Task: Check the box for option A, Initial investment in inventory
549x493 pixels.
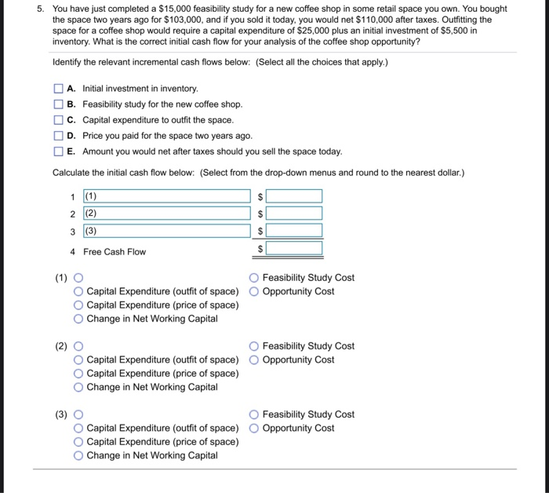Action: coord(59,89)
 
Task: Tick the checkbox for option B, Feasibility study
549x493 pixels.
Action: coord(59,104)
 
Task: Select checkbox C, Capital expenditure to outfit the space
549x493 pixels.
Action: coord(59,120)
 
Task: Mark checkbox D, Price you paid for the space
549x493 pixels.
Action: coord(59,136)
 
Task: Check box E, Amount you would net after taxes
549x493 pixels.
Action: coord(59,152)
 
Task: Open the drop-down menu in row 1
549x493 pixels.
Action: coord(165,196)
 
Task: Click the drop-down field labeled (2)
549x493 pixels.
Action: coord(165,214)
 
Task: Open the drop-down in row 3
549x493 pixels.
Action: coord(165,231)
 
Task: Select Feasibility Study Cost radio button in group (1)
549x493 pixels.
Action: coord(254,278)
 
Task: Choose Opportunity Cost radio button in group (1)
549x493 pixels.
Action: coord(254,292)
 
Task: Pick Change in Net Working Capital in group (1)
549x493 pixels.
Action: coord(78,319)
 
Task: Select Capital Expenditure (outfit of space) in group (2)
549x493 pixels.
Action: coord(78,360)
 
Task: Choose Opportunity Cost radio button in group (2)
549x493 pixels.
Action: coord(254,360)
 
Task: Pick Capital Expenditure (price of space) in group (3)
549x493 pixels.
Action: coord(78,442)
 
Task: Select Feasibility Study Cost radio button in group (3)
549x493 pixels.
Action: coord(254,414)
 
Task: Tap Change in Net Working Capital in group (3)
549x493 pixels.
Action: coord(78,455)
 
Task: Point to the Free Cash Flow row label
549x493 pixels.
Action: coord(115,252)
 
